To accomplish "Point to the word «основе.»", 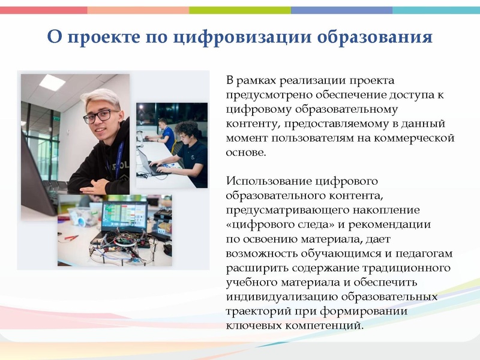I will pyautogui.click(x=245, y=152).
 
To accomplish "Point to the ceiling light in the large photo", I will pyautogui.click(x=53, y=82).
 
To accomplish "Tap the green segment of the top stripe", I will pyautogui.click(x=240, y=10).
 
